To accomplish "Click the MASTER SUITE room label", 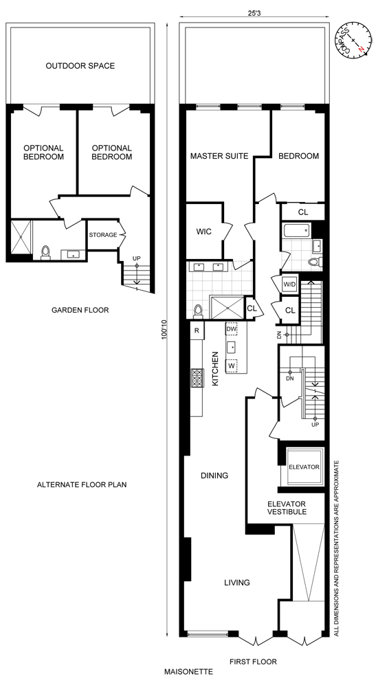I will tap(218, 156).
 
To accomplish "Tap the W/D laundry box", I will tap(289, 283).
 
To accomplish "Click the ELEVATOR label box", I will tap(304, 467).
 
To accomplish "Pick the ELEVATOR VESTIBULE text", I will tap(287, 508).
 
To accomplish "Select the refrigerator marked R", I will tap(197, 330).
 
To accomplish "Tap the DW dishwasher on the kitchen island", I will tap(231, 330).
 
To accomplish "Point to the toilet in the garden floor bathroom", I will tap(45, 253).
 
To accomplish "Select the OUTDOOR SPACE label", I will tap(80, 66).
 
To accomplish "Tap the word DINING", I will tap(214, 475).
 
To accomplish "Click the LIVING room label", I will tap(236, 583).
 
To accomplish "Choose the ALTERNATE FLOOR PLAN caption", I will tap(82, 484).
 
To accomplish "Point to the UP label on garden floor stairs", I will tap(137, 258).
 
